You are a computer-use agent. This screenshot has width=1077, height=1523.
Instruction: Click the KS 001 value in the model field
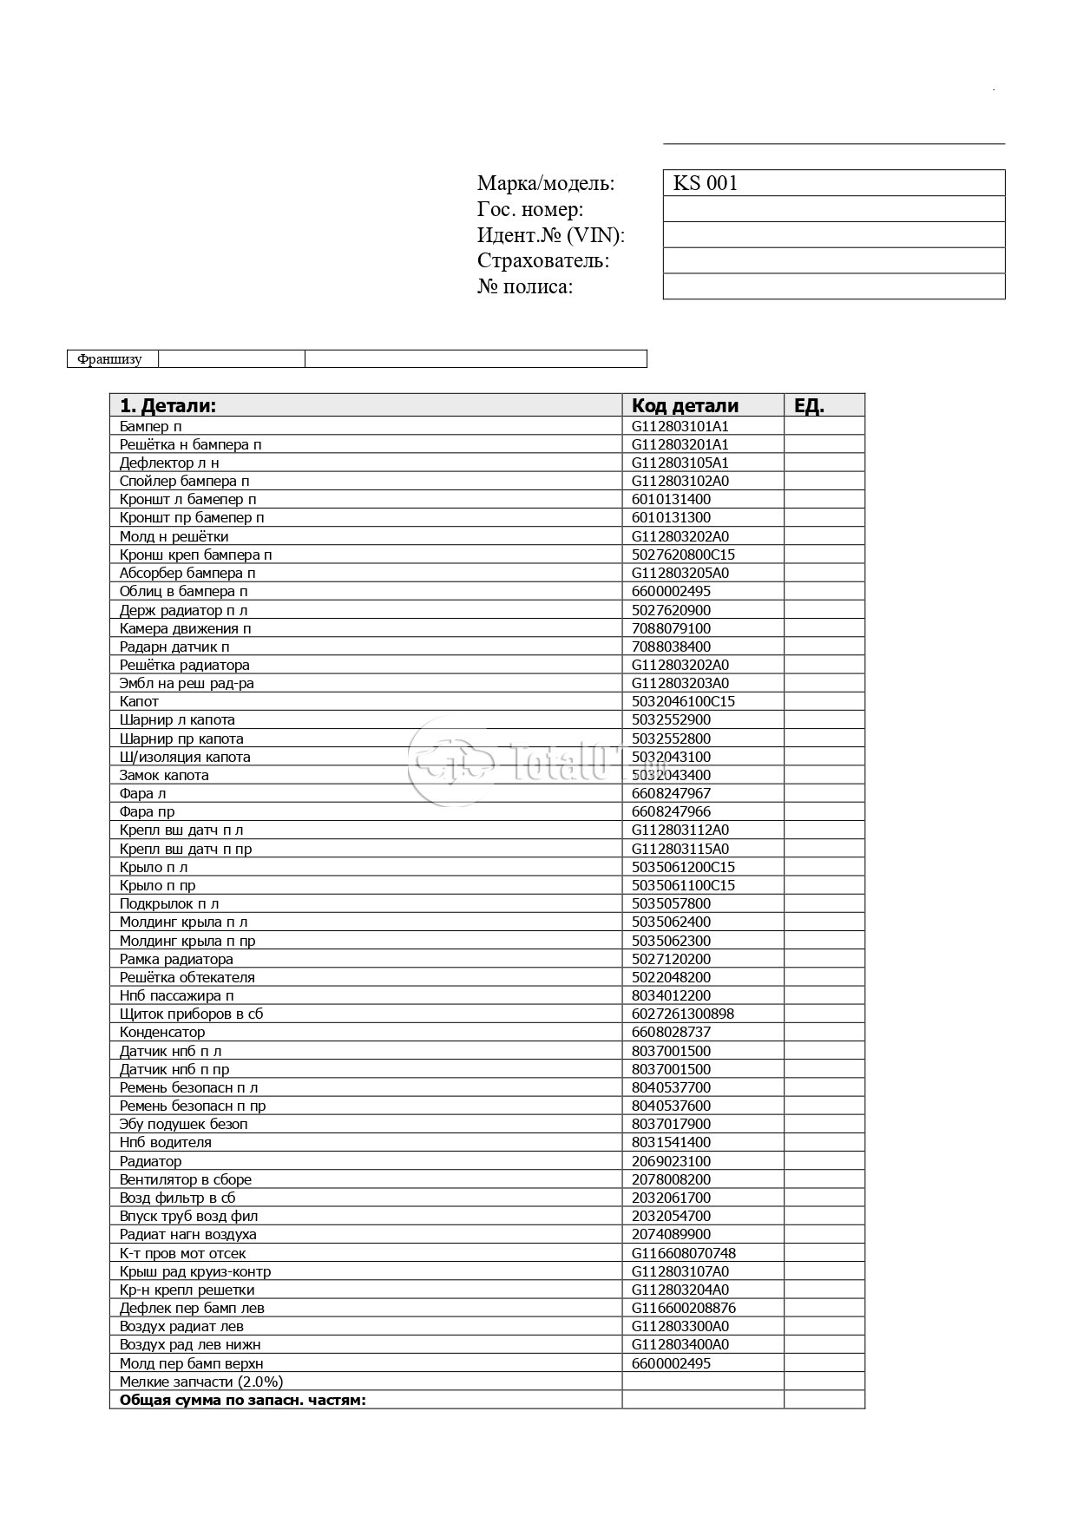tap(706, 183)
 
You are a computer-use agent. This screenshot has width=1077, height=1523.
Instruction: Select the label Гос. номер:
tap(529, 209)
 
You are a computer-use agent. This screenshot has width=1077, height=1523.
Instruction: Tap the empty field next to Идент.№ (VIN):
tap(833, 235)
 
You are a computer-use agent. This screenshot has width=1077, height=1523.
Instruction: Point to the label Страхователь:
tap(543, 260)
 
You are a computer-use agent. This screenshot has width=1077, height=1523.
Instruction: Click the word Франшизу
tap(109, 359)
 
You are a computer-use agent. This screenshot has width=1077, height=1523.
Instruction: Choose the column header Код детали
tap(685, 405)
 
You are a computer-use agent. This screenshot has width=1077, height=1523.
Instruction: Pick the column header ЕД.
tap(809, 405)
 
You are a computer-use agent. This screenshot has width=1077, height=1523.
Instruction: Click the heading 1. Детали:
tap(167, 405)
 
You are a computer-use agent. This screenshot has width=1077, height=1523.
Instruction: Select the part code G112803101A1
tap(680, 426)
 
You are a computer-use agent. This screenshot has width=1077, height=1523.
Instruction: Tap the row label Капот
tap(139, 701)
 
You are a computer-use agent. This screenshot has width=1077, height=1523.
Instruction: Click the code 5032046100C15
tap(683, 701)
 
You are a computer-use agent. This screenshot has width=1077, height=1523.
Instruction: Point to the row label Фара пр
tap(147, 811)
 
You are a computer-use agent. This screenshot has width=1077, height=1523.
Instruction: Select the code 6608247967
tap(671, 793)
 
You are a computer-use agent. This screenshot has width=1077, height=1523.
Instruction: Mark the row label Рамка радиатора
tap(176, 959)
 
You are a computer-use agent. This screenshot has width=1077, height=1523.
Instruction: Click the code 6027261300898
tap(683, 1014)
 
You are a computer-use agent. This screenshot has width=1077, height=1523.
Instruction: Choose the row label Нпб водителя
tap(165, 1142)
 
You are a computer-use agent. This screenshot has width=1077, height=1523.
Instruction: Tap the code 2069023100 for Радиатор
tap(671, 1161)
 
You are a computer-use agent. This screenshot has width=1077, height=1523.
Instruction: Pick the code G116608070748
tap(683, 1253)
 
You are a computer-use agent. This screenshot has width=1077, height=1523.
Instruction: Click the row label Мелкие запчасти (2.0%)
tap(201, 1382)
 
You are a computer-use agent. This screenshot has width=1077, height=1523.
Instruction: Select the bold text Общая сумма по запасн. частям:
tap(242, 1400)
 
